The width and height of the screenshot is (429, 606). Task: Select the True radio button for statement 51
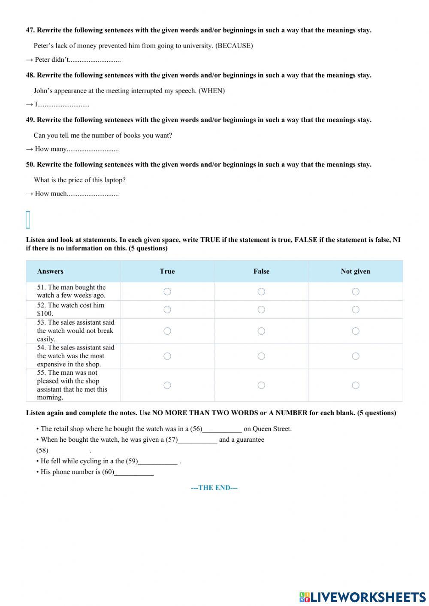[167, 292]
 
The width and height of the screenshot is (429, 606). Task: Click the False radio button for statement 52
[261, 310]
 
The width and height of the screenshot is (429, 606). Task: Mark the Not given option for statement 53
[356, 331]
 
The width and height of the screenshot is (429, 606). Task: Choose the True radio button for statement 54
[167, 356]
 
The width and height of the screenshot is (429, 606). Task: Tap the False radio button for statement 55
[261, 385]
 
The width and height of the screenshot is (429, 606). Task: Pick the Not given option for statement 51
[356, 292]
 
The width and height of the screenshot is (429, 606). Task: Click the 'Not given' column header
[355, 271]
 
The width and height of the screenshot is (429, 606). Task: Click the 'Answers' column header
[50, 271]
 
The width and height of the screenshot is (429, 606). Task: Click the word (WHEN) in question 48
[211, 91]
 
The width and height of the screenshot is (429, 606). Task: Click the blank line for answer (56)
[222, 429]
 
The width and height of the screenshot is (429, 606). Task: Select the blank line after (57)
[197, 440]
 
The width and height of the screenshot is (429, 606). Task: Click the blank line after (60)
[134, 472]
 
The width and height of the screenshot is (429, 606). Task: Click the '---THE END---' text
[214, 488]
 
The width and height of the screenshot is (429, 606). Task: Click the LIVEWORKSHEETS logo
[363, 597]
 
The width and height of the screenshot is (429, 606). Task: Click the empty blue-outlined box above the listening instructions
[28, 220]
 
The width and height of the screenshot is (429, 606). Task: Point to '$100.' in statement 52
[45, 314]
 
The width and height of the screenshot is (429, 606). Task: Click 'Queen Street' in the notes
[272, 429]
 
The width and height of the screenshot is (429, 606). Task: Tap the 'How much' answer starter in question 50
[51, 194]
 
